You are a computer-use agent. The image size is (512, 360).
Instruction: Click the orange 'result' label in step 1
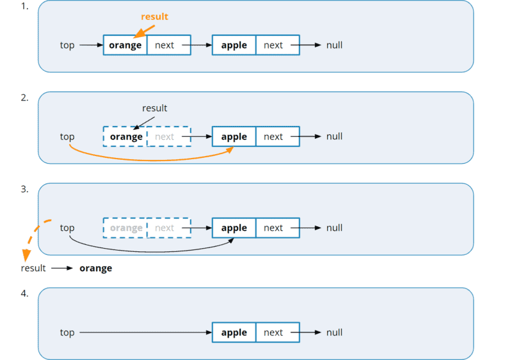click(x=154, y=17)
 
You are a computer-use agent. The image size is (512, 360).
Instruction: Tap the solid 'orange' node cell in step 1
click(x=125, y=45)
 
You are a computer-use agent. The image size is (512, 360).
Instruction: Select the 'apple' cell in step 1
click(x=234, y=45)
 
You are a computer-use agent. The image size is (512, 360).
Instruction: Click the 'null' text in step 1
click(x=334, y=45)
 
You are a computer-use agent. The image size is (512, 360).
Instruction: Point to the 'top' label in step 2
click(x=67, y=137)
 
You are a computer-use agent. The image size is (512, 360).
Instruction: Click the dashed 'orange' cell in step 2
click(x=125, y=137)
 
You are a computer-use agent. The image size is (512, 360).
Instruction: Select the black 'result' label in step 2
click(x=154, y=109)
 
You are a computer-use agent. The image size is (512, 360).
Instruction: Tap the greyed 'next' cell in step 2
click(x=168, y=137)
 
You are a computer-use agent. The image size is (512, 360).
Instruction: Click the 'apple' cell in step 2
click(x=234, y=137)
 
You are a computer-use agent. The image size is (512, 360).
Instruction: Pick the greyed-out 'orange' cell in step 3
click(x=125, y=228)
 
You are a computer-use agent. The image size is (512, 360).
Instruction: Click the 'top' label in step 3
click(x=67, y=228)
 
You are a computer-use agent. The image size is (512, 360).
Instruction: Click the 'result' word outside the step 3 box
click(x=33, y=269)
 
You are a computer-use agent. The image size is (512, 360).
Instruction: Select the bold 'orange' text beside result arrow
click(x=96, y=269)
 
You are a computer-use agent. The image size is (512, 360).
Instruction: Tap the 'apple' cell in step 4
click(x=234, y=333)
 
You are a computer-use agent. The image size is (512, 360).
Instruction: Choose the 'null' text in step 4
click(x=334, y=333)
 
